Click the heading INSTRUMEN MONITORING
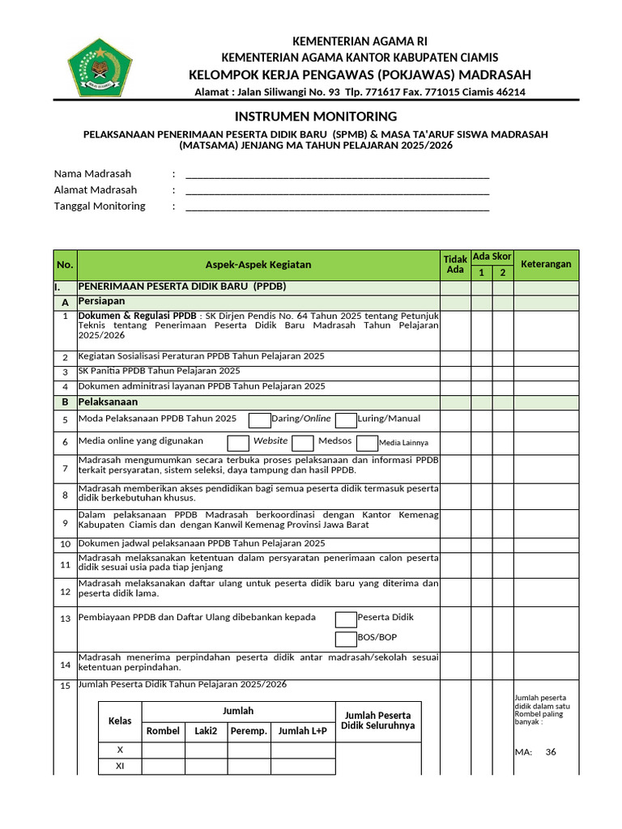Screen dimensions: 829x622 click(316, 116)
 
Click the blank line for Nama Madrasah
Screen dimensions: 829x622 click(337, 174)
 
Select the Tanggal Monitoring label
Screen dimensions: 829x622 click(100, 206)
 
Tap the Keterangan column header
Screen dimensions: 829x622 click(545, 264)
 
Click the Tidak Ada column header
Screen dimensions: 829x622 click(455, 264)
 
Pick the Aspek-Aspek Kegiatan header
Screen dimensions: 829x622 click(258, 265)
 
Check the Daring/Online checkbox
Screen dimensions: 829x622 click(259, 419)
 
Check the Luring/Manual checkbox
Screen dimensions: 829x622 click(346, 419)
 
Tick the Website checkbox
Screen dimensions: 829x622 click(238, 442)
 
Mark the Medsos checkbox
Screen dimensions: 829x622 click(303, 442)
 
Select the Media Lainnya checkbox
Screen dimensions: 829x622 click(367, 442)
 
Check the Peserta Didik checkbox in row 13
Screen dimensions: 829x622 click(346, 619)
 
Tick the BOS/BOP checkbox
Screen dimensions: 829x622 click(346, 639)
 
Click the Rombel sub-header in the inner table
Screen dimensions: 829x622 click(163, 731)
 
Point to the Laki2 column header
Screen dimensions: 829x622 click(206, 731)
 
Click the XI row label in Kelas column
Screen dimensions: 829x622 click(120, 766)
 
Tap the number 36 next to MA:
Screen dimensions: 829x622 click(551, 752)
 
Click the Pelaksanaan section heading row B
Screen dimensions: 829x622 click(108, 402)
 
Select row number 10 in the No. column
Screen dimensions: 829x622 click(65, 544)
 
